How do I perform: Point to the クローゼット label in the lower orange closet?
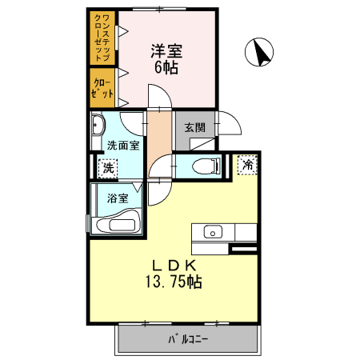(102, 87)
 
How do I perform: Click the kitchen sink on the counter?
(212, 233)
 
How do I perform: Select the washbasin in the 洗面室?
(99, 125)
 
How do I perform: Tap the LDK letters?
(171, 266)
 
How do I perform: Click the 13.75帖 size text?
(173, 282)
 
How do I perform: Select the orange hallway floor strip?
(158, 136)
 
